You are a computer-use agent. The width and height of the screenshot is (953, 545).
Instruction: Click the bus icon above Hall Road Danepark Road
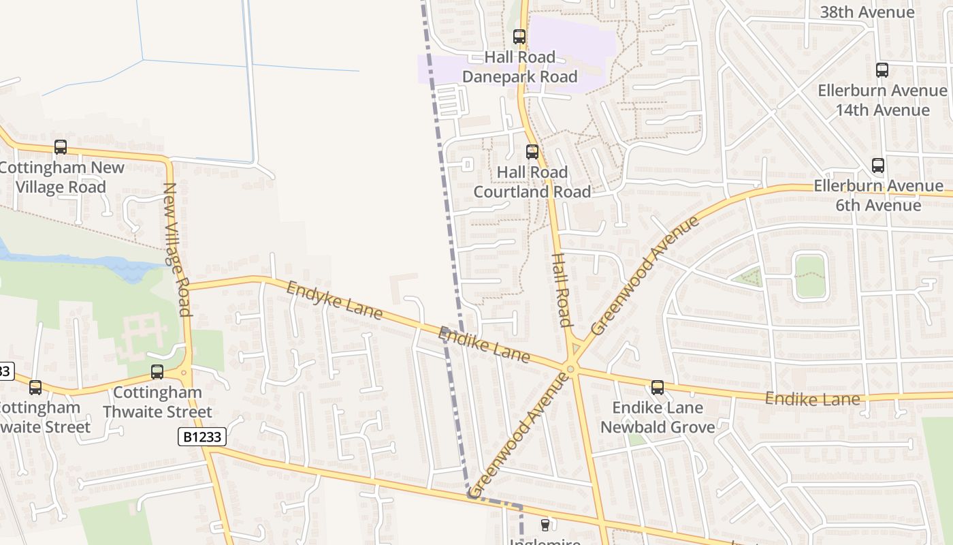point(519,37)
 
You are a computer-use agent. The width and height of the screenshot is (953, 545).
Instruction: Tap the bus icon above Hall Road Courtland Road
point(532,152)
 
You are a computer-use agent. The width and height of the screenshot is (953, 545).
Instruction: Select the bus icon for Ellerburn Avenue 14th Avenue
point(882,69)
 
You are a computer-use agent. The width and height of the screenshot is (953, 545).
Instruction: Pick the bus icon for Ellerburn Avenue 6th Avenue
point(878,165)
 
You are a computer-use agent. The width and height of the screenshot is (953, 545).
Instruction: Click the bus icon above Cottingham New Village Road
point(61,147)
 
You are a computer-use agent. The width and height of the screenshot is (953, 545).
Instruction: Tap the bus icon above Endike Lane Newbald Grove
point(658,388)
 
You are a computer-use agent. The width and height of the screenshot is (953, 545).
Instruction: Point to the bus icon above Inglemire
point(545,525)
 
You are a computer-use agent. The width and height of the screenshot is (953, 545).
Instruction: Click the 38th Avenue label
point(867,12)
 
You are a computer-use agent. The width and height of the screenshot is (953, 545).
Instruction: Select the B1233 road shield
point(202,437)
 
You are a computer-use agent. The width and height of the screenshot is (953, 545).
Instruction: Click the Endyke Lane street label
point(334,300)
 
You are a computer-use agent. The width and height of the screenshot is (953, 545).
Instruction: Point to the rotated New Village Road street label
point(176,249)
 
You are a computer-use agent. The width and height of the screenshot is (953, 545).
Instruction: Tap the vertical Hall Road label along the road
point(561,290)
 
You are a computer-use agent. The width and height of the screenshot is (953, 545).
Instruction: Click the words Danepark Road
point(520,77)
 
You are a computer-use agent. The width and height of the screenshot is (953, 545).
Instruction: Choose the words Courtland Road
point(532,192)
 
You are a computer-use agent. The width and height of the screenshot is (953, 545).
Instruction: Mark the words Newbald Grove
point(658,428)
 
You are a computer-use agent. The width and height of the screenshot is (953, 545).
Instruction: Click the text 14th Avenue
point(882,110)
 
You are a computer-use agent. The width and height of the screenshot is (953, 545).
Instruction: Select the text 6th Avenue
point(878,205)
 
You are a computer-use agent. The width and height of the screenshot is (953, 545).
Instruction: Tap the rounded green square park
point(810,276)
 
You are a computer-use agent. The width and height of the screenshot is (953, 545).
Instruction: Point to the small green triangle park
point(749,277)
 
